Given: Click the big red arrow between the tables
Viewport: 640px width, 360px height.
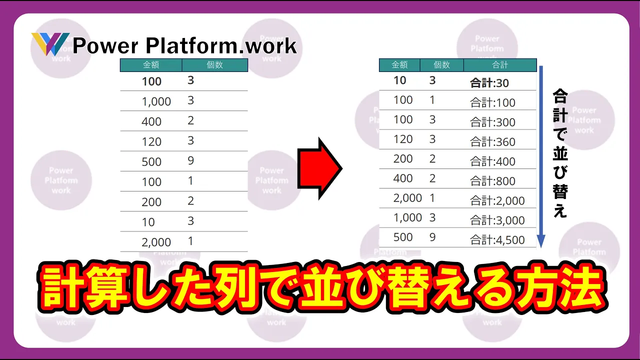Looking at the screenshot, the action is (x=319, y=168).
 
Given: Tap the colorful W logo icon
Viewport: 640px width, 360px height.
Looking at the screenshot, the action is (x=50, y=44).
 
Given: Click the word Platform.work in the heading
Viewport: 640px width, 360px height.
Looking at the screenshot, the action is (x=221, y=45).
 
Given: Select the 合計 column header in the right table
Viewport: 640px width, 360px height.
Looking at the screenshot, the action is (x=500, y=65).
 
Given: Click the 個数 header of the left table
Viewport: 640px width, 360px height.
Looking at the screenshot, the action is (x=214, y=65).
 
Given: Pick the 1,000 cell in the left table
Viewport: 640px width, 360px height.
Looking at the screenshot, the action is (x=156, y=101).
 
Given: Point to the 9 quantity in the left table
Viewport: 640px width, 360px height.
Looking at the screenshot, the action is (x=191, y=160).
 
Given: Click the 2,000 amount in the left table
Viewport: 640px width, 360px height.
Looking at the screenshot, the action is (x=156, y=242).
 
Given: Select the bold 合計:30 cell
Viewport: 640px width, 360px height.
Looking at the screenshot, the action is (x=489, y=83).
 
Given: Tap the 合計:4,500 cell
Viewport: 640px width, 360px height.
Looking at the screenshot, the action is (x=497, y=240).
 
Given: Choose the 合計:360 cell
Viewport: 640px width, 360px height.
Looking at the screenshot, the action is (x=493, y=141).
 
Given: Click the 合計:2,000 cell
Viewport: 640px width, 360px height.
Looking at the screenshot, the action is (x=497, y=201).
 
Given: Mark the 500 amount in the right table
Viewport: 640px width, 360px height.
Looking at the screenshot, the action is (x=403, y=237).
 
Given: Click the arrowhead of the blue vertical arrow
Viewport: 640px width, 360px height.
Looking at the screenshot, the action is (x=541, y=241).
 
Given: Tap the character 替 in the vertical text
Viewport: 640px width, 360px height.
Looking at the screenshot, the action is (x=560, y=191).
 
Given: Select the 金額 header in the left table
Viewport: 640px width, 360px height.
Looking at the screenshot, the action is (x=151, y=65).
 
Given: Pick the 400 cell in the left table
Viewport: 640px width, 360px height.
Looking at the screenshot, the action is (x=151, y=121).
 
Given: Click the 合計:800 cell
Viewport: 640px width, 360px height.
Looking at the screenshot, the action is (x=493, y=181).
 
